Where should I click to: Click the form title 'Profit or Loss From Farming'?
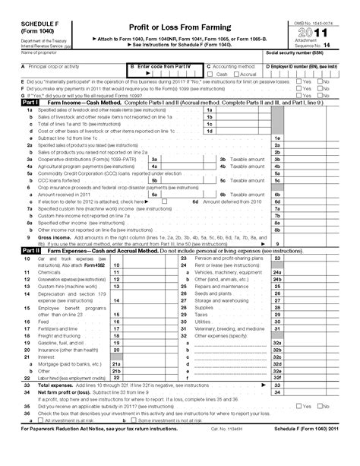[179, 27]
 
